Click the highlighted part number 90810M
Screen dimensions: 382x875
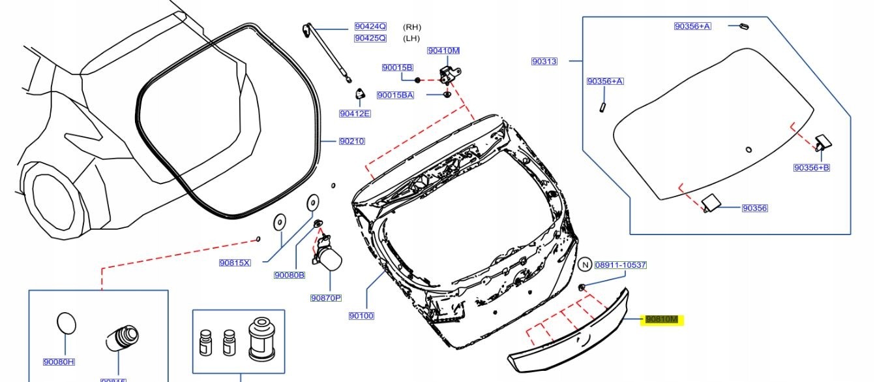(661, 319)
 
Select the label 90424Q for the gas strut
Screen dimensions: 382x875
(370, 27)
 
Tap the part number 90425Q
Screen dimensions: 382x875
(370, 39)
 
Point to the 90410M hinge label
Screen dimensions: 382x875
(443, 51)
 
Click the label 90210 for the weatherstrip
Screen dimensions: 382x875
(351, 141)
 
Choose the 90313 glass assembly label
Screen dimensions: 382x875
(544, 61)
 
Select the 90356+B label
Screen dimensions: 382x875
(811, 168)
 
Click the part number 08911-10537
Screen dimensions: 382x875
(620, 265)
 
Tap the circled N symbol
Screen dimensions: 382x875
(585, 264)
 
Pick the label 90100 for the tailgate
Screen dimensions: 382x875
(361, 316)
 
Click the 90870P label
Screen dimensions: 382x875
(326, 298)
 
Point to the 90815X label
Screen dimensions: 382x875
(235, 263)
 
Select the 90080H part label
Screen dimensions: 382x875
(59, 362)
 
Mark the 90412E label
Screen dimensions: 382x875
(355, 114)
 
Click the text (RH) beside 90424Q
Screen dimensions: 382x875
(412, 27)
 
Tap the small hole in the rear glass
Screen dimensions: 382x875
(749, 150)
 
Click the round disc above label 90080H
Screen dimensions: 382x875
(67, 323)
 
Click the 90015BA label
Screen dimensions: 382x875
(395, 95)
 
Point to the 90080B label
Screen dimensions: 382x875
(289, 276)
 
